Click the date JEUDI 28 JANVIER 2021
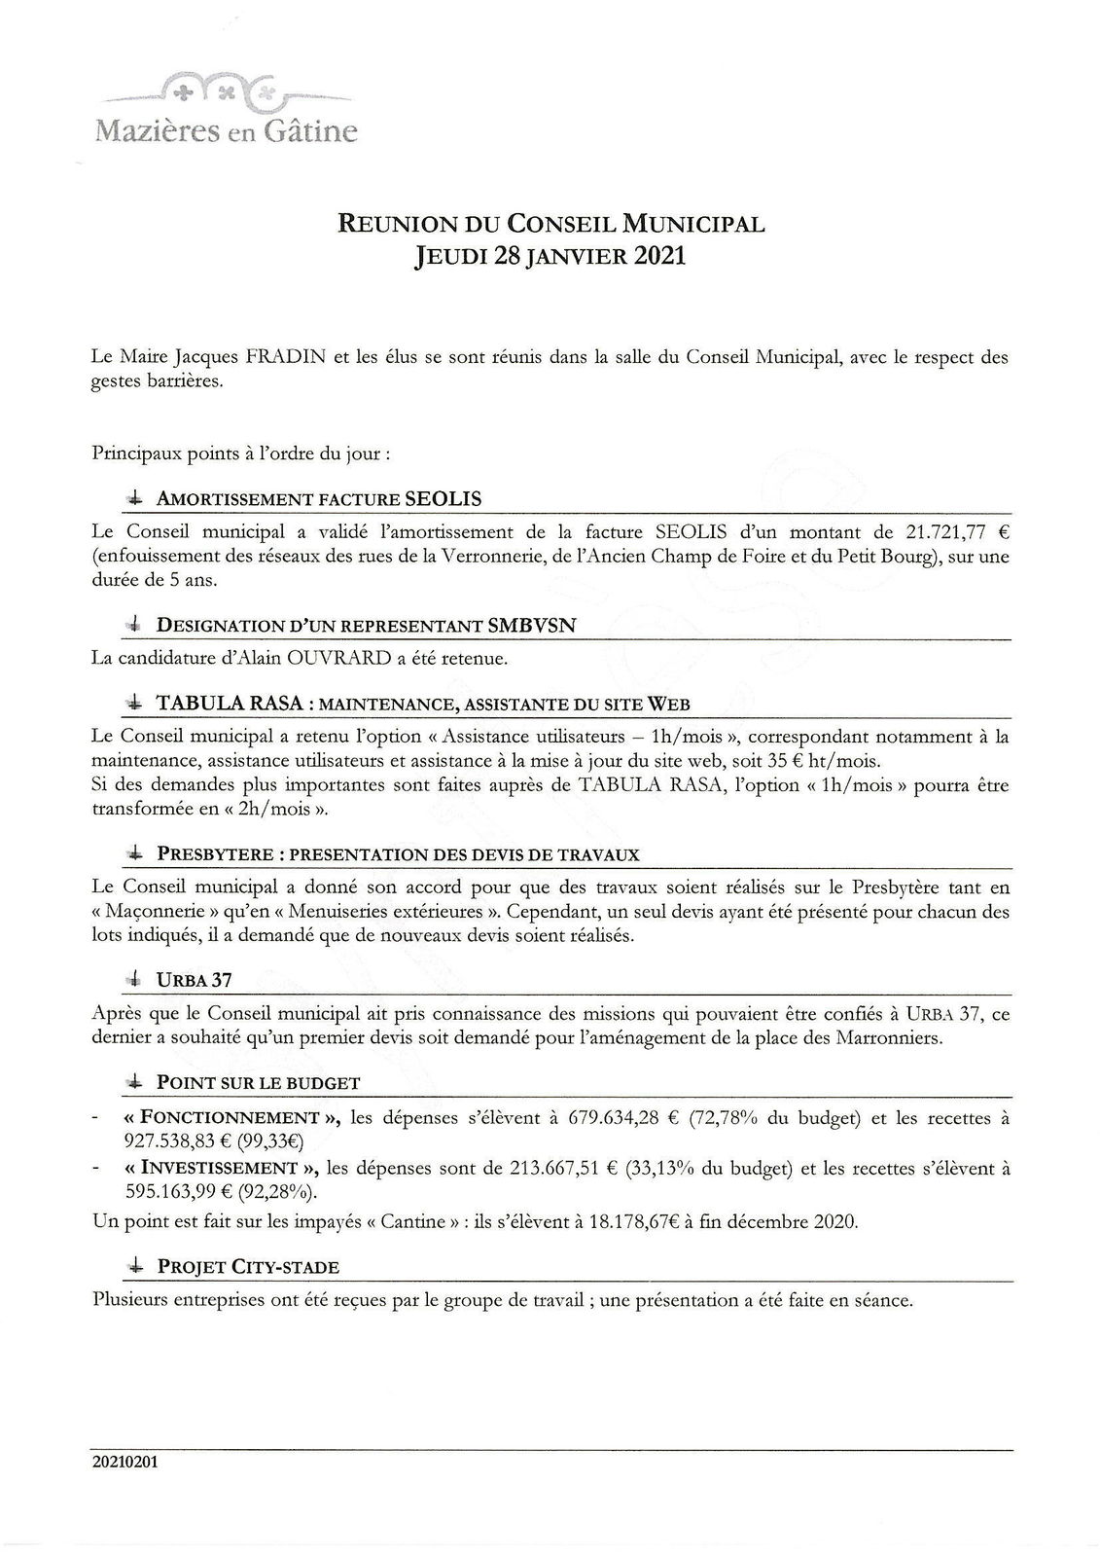click(550, 257)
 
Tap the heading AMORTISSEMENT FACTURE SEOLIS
click(319, 499)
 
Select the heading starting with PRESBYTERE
click(398, 854)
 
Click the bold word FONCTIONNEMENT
click(231, 1117)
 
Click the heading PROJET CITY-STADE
click(248, 1266)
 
